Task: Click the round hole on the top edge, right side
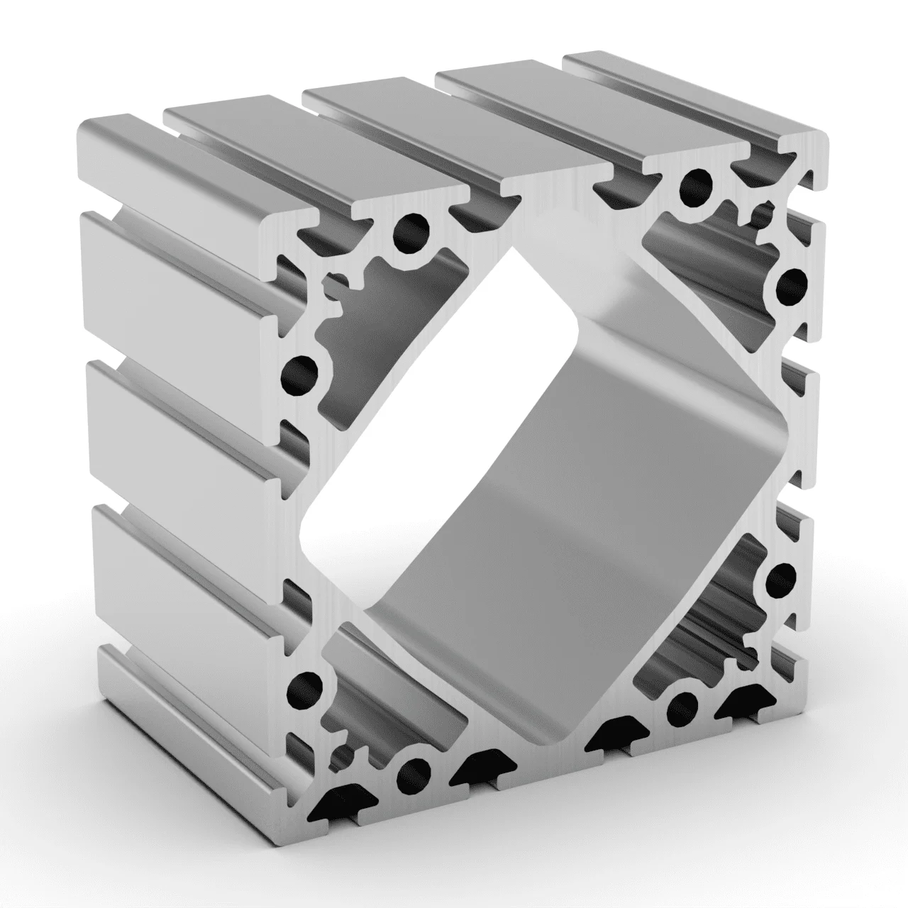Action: point(697,184)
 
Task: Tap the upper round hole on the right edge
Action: point(792,286)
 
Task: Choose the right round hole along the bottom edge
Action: point(682,704)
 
